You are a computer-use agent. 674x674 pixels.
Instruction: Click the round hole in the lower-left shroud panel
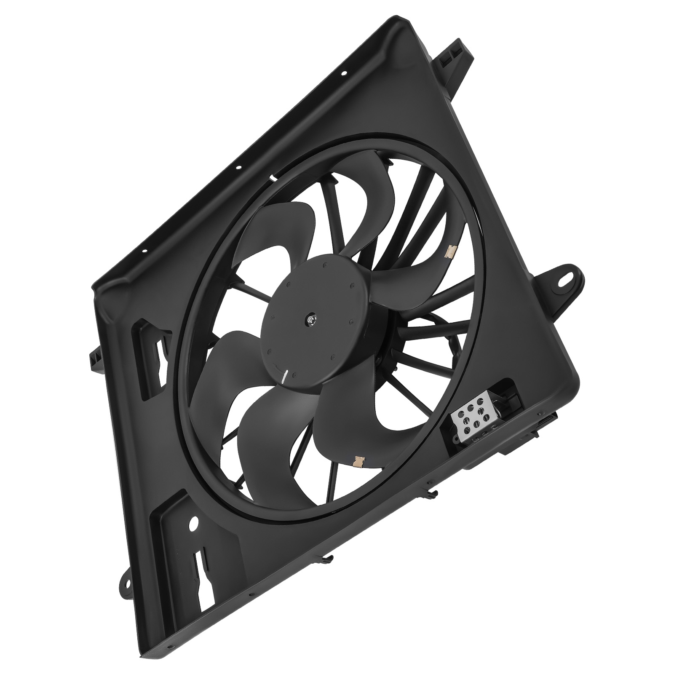[194, 524]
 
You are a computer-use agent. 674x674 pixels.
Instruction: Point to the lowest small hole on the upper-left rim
[145, 251]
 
